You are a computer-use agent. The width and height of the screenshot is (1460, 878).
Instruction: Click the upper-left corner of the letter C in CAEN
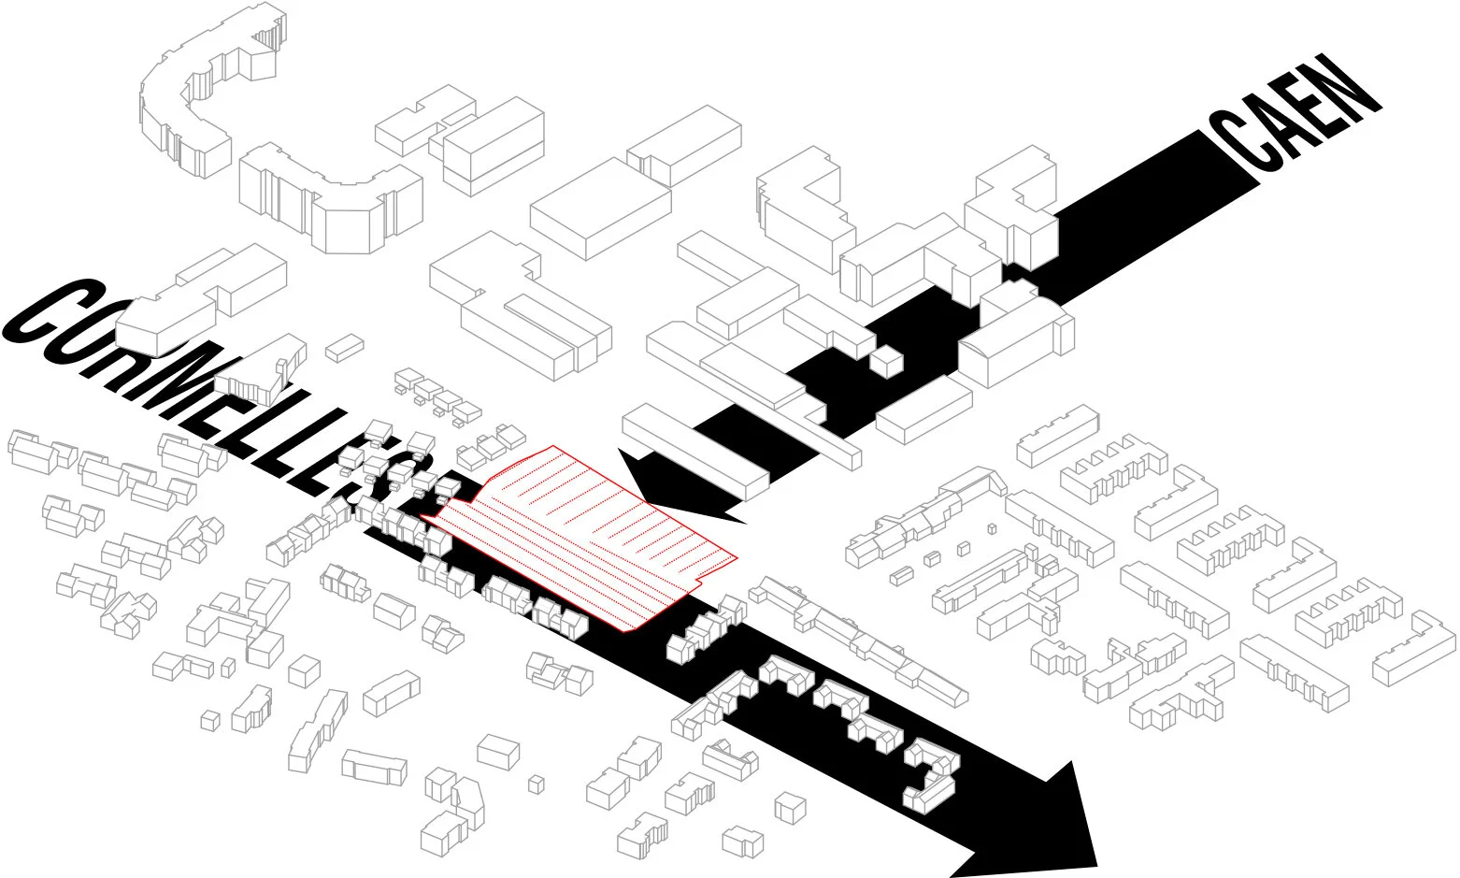click(x=1215, y=117)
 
